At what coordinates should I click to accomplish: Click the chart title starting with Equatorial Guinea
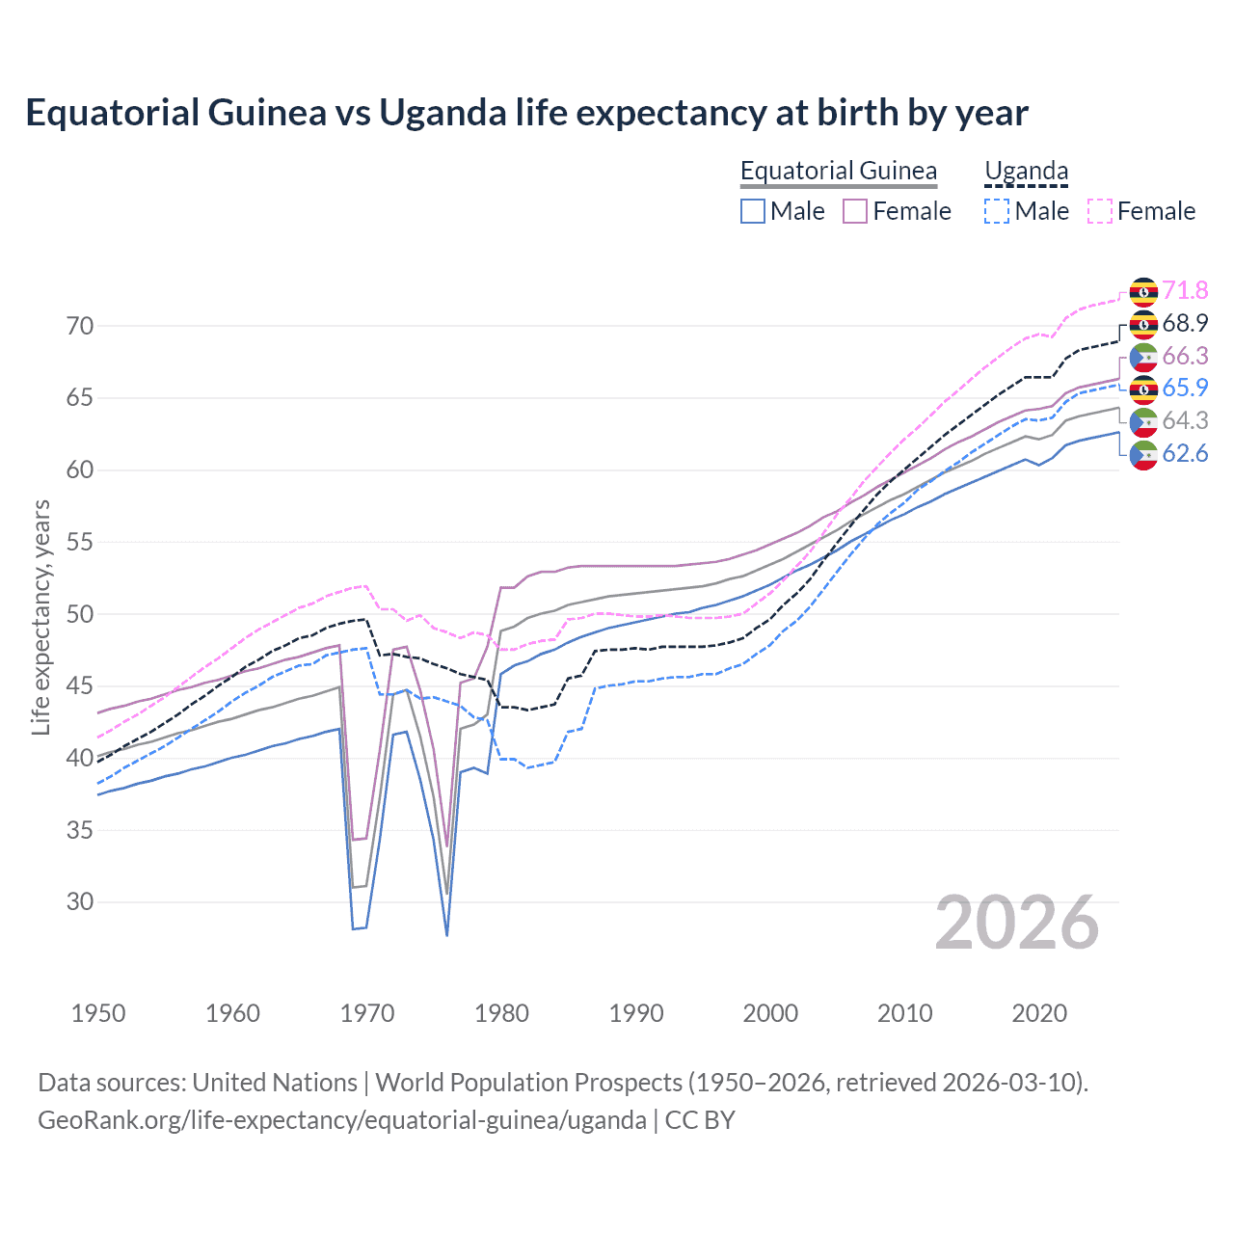pyautogui.click(x=526, y=113)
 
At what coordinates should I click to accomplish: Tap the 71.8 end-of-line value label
pyautogui.click(x=1185, y=290)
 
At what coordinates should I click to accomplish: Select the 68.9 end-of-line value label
pyautogui.click(x=1185, y=323)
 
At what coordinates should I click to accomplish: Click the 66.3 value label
pyautogui.click(x=1185, y=356)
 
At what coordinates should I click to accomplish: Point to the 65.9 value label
pyautogui.click(x=1185, y=388)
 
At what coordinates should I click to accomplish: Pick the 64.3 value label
pyautogui.click(x=1185, y=420)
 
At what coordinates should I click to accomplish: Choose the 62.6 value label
pyautogui.click(x=1185, y=453)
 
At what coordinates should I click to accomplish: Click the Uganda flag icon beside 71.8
pyautogui.click(x=1143, y=291)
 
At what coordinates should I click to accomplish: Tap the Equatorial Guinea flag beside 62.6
pyautogui.click(x=1143, y=454)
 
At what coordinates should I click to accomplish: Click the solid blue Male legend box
pyautogui.click(x=753, y=211)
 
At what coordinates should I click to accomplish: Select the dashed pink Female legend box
pyautogui.click(x=1100, y=211)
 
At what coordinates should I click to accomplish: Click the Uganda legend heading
pyautogui.click(x=1026, y=171)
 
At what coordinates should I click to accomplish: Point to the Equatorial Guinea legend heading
pyautogui.click(x=838, y=171)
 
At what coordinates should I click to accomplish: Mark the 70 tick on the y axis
pyautogui.click(x=80, y=326)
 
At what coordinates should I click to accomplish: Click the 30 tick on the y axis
pyautogui.click(x=80, y=901)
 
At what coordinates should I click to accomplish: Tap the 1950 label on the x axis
pyautogui.click(x=98, y=1013)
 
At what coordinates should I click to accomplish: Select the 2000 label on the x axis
pyautogui.click(x=770, y=1013)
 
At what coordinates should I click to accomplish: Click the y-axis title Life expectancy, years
pyautogui.click(x=41, y=617)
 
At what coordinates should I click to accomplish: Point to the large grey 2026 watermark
pyautogui.click(x=1016, y=923)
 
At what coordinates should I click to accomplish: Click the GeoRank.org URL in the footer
pyautogui.click(x=342, y=1120)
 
